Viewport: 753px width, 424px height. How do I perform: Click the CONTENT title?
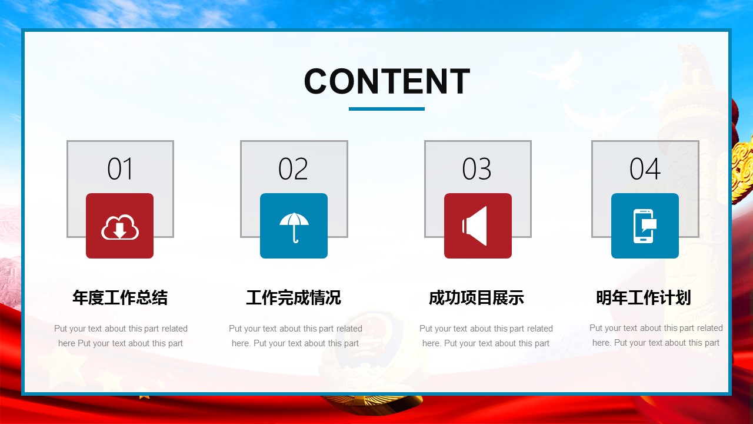pyautogui.click(x=387, y=81)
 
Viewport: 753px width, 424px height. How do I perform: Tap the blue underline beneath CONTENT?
pyautogui.click(x=387, y=109)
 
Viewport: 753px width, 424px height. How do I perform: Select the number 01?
pyautogui.click(x=120, y=168)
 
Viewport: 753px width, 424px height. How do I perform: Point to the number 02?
pyautogui.click(x=293, y=168)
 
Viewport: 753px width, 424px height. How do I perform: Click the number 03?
pyautogui.click(x=477, y=168)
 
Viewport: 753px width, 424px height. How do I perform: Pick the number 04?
pyautogui.click(x=645, y=168)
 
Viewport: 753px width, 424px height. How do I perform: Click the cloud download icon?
pyautogui.click(x=119, y=227)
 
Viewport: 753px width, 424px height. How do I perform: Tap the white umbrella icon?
pyautogui.click(x=294, y=227)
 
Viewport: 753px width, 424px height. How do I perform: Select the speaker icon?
pyautogui.click(x=474, y=226)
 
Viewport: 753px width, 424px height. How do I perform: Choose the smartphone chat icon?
pyautogui.click(x=645, y=226)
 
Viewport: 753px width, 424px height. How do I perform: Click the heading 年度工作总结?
pyautogui.click(x=120, y=297)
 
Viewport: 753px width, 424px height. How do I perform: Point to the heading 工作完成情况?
pyautogui.click(x=294, y=297)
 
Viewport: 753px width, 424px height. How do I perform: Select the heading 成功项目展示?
pyautogui.click(x=477, y=297)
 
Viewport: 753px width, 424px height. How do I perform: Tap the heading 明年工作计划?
pyautogui.click(x=644, y=297)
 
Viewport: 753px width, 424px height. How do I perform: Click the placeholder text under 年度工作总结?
pyautogui.click(x=121, y=336)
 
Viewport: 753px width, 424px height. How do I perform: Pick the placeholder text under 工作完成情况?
pyautogui.click(x=295, y=336)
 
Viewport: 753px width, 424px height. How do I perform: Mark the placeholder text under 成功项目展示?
pyautogui.click(x=486, y=336)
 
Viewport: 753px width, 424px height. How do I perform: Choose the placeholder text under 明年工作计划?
pyautogui.click(x=656, y=335)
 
